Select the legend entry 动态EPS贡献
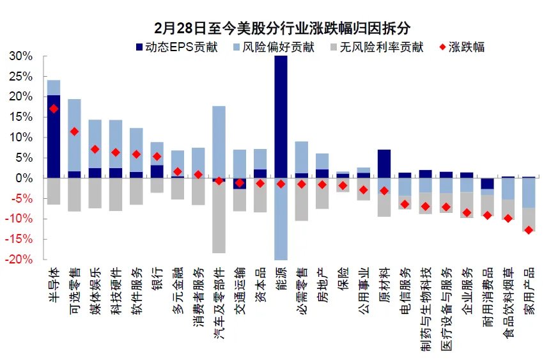[177, 47]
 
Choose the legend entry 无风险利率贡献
[381, 47]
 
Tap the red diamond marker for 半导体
[54, 109]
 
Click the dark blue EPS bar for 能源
[281, 115]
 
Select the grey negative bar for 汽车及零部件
[219, 217]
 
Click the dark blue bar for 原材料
[384, 164]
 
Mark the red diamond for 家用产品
[529, 230]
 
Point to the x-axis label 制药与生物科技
[425, 304]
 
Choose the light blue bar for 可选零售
[74, 134]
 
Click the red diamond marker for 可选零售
[74, 132]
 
